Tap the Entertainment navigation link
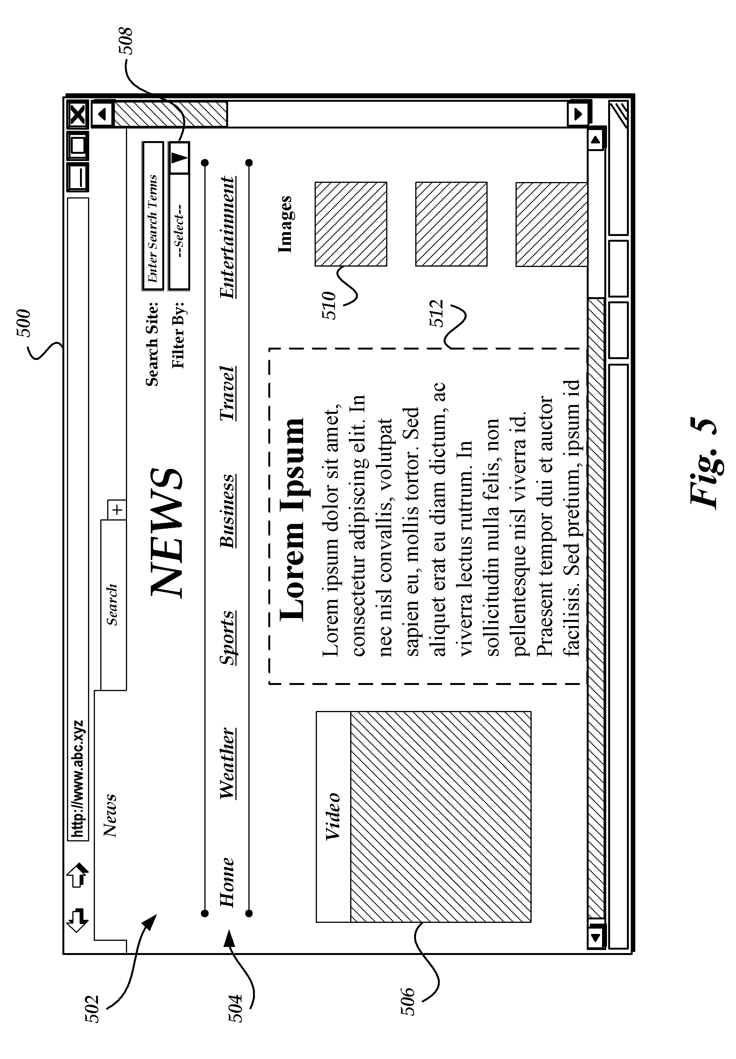click(227, 238)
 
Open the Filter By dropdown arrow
click(180, 158)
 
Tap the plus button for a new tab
click(117, 510)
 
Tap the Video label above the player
click(333, 816)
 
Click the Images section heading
click(285, 224)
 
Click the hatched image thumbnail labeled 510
click(351, 224)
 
